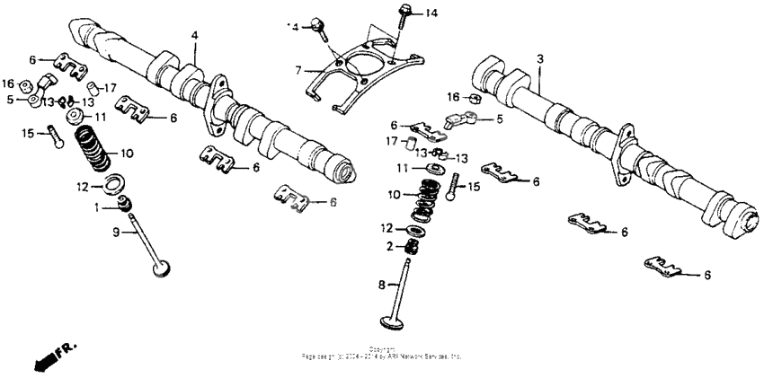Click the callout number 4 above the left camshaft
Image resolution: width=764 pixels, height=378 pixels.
click(x=193, y=35)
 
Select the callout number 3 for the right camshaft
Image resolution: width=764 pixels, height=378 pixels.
click(x=539, y=58)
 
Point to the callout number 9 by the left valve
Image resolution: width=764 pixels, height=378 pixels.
click(x=115, y=233)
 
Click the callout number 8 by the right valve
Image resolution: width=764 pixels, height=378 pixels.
click(x=381, y=285)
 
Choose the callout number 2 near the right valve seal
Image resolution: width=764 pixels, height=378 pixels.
click(x=388, y=247)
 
